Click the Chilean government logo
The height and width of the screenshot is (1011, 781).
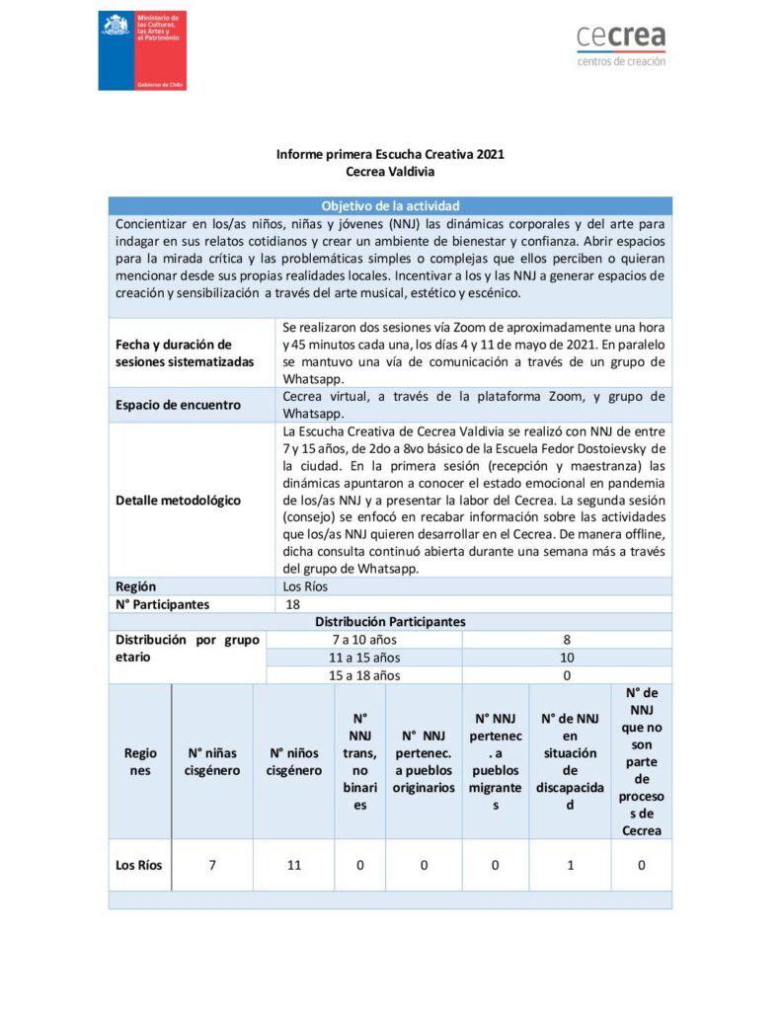(x=142, y=50)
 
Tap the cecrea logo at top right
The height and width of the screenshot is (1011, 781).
(x=621, y=44)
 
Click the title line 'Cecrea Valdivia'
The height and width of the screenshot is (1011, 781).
(x=390, y=171)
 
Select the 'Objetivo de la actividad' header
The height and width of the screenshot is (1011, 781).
(x=390, y=206)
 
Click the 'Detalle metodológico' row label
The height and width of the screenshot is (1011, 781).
(x=178, y=500)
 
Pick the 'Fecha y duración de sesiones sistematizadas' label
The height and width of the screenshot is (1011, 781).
(x=185, y=352)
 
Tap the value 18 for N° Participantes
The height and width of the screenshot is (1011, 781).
(x=292, y=604)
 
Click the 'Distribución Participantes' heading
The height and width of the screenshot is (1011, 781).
(x=390, y=622)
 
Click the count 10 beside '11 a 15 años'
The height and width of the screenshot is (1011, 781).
(x=567, y=658)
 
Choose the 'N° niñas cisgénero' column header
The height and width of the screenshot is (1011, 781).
(x=212, y=761)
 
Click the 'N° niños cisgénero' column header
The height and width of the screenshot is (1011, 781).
(x=293, y=761)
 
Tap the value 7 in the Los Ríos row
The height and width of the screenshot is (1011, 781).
(x=212, y=865)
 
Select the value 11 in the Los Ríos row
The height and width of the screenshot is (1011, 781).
(x=293, y=865)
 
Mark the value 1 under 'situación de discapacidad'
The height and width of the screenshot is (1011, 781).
(x=569, y=865)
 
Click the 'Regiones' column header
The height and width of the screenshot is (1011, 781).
(x=140, y=761)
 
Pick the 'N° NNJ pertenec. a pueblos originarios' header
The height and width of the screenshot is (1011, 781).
(x=424, y=761)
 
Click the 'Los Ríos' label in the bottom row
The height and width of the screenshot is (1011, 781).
(x=139, y=865)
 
